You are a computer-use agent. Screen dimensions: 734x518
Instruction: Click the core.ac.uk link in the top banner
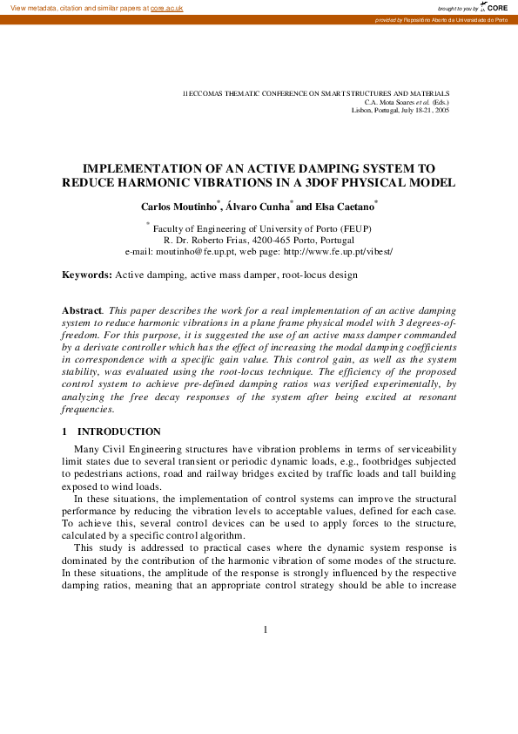point(166,7)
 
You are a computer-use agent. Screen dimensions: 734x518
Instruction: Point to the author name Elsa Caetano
point(344,207)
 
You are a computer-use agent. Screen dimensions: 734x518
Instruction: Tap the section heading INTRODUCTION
point(119,432)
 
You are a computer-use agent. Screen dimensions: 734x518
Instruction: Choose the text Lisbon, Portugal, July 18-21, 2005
point(400,111)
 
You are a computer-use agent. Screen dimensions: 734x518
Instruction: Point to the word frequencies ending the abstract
point(87,409)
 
